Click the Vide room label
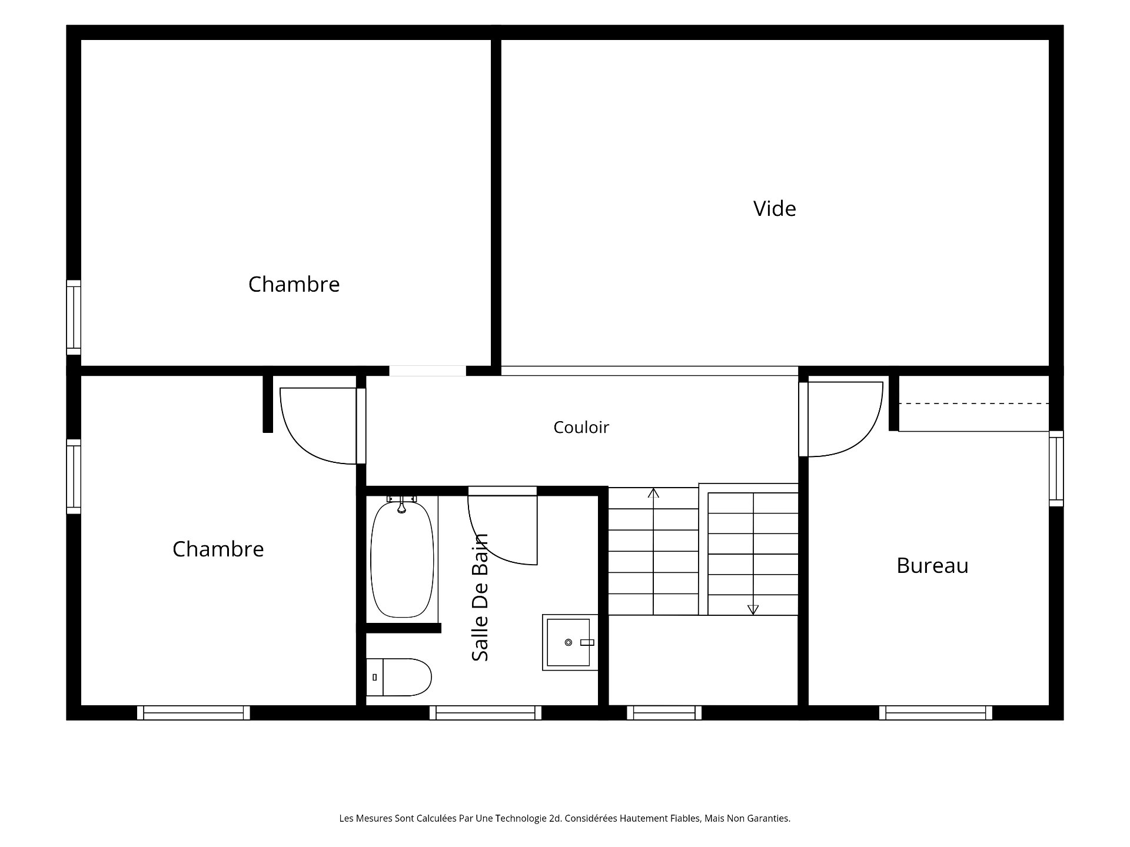pos(775,209)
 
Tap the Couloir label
pos(581,427)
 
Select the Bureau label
pos(932,565)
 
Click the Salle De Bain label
pos(480,597)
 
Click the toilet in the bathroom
pos(399,677)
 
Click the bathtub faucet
pos(401,503)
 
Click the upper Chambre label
pos(294,285)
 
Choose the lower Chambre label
pos(218,549)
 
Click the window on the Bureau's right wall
pos(1056,469)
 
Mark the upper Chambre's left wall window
pos(73,318)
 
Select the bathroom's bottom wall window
pos(486,713)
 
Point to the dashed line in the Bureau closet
pos(974,404)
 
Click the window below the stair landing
pos(664,713)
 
